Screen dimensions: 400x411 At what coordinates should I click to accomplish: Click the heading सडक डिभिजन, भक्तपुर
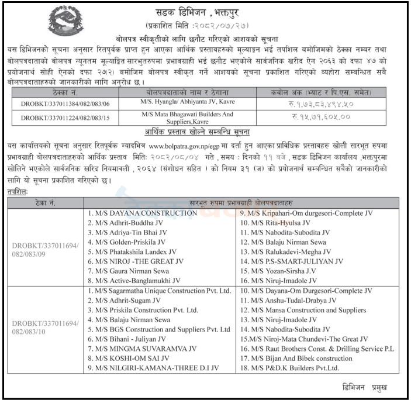pos(206,12)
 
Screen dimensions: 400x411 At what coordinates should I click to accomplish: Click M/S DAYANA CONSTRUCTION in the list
pos(142,213)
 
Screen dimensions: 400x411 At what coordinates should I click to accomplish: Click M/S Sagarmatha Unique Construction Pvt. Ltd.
pos(158,289)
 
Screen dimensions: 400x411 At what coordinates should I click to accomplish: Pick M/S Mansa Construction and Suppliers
pos(299,309)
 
